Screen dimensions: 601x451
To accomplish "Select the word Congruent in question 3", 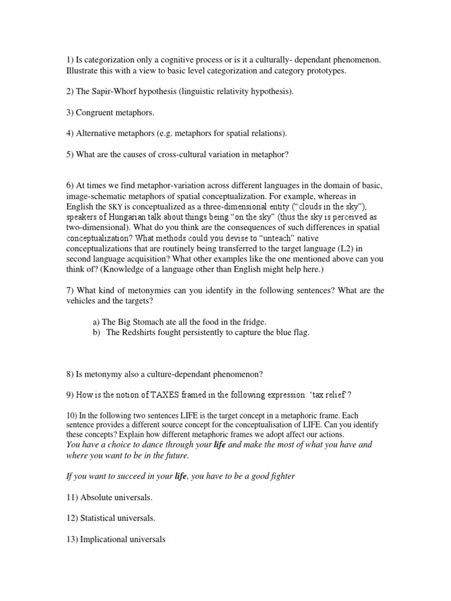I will pyautogui.click(x=94, y=112).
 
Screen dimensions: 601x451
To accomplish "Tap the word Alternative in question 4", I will pyautogui.click(x=96, y=133).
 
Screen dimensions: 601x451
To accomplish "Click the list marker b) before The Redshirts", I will pyautogui.click(x=97, y=332).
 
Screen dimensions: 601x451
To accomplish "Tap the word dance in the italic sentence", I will pyautogui.click(x=159, y=444).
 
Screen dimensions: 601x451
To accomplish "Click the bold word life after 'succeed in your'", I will pyautogui.click(x=181, y=476).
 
